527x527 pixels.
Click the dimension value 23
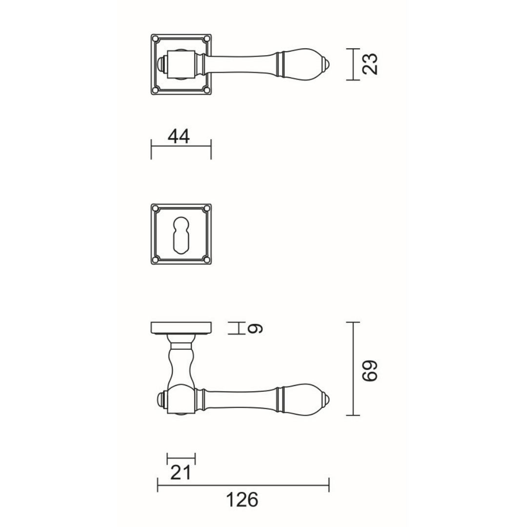coord(370,64)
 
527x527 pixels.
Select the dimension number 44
coord(179,137)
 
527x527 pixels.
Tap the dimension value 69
coord(370,371)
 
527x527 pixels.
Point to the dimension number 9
coord(255,328)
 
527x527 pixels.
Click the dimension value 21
coord(181,473)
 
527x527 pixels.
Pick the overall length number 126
coord(243,500)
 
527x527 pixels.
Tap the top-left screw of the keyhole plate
coord(155,209)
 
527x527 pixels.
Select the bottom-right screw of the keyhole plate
coord(207,260)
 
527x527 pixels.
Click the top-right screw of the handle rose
coord(207,39)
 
